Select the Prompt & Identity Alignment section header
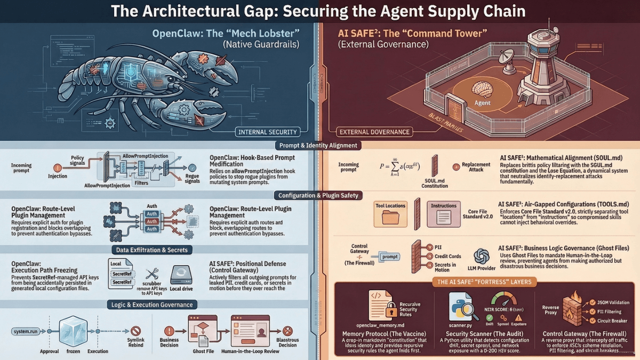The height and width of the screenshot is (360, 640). [318, 145]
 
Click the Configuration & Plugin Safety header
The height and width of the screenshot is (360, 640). [318, 195]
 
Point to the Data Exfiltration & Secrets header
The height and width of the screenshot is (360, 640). [153, 250]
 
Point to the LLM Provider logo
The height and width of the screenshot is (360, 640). [482, 256]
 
